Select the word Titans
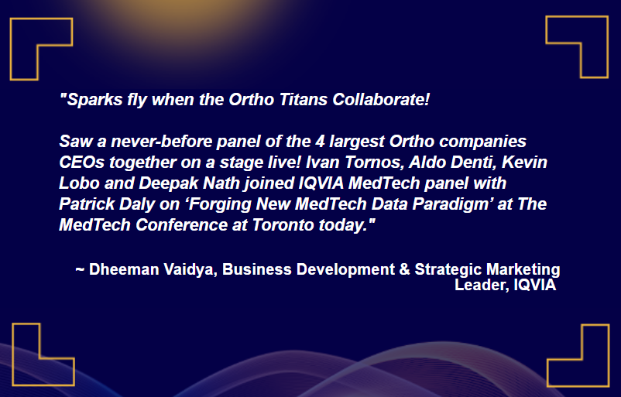coord(304,99)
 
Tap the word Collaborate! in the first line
coord(381,99)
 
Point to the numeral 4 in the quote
coord(320,142)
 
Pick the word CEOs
coord(81,163)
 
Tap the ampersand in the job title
coord(404,269)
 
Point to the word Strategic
coord(448,269)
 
